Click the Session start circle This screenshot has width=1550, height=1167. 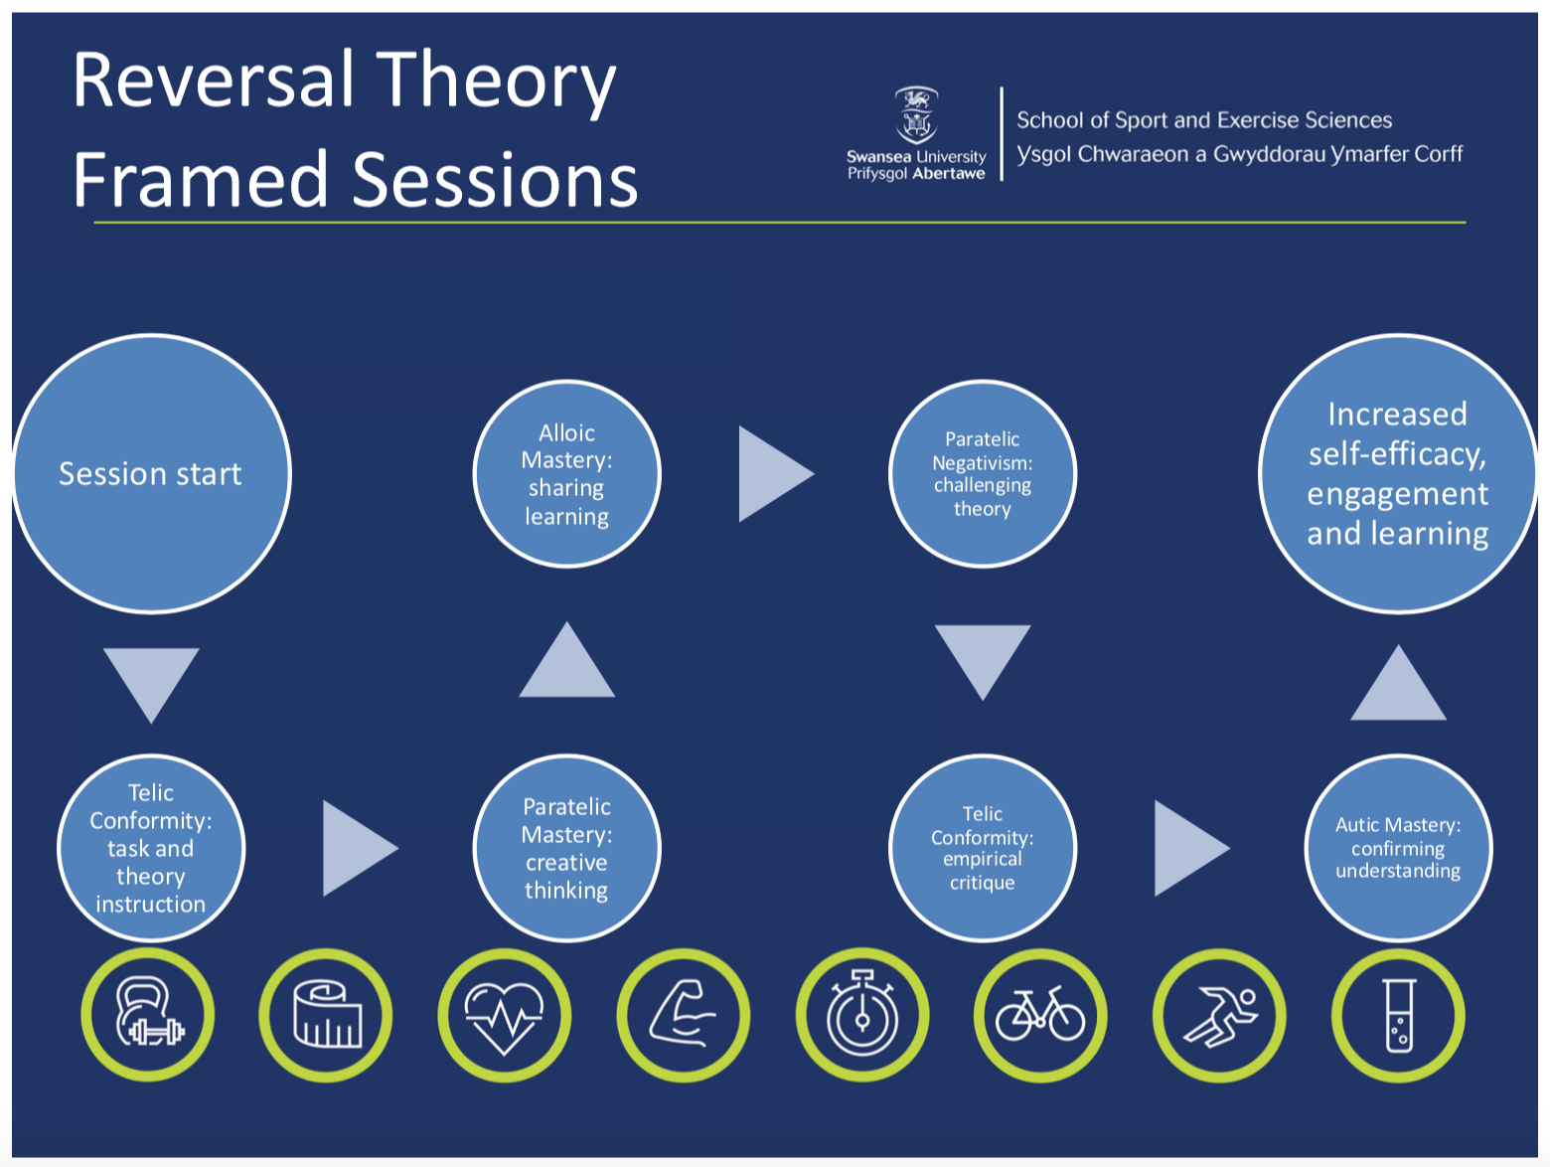coord(151,474)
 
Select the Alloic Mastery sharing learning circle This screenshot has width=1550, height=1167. coord(566,474)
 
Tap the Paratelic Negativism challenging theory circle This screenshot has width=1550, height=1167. coord(983,474)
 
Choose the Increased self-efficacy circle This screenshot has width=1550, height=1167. coord(1398,474)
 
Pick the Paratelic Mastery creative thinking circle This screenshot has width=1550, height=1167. coord(566,848)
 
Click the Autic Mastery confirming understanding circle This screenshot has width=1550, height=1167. coord(1398,848)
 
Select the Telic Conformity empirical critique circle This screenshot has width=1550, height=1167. coord(983,848)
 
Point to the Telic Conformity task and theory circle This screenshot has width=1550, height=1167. coord(151,848)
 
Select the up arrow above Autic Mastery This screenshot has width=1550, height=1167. coord(1398,682)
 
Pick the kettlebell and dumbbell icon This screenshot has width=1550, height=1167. coord(148,1015)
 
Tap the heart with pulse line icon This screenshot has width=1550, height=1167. coord(504,1015)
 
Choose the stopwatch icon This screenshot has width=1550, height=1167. coord(862,1015)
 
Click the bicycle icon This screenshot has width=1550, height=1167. coord(1040,1015)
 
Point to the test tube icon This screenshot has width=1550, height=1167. coord(1398,1015)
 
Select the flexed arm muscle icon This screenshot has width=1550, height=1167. coord(683,1015)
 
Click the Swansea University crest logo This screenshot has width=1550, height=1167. coord(916,115)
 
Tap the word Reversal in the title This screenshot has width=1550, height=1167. coord(214,82)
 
